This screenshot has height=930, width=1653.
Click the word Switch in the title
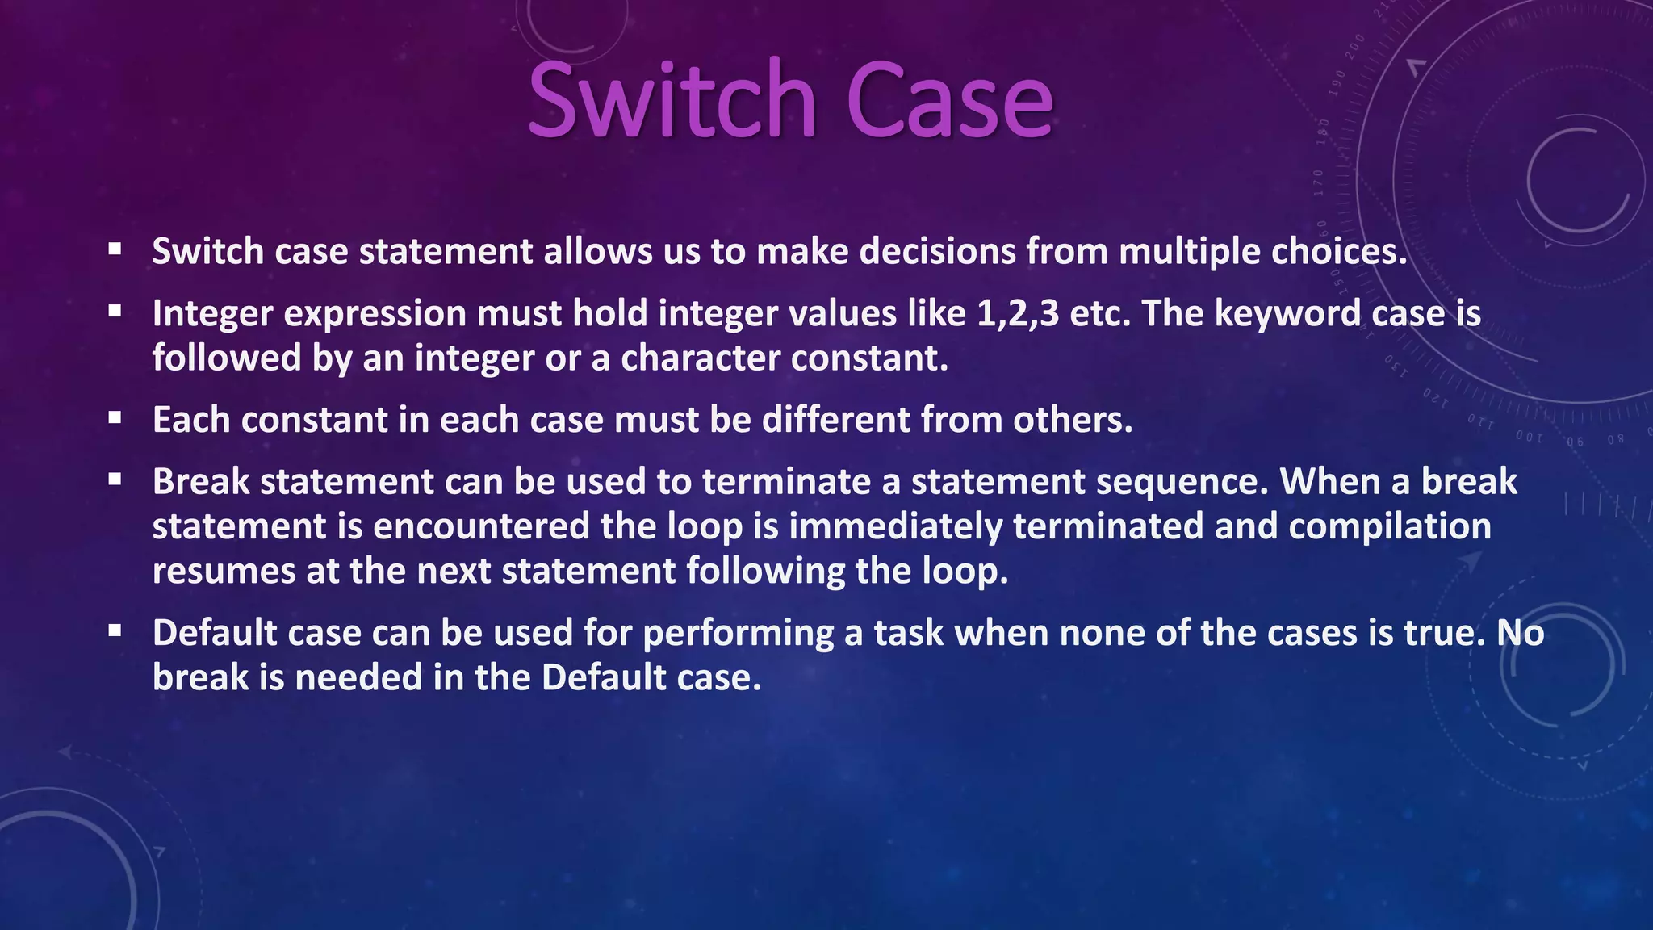point(672,101)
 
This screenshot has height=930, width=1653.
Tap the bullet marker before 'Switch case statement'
point(115,249)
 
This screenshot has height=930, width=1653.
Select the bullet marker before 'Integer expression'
point(115,311)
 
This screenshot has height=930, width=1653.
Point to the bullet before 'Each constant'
point(115,418)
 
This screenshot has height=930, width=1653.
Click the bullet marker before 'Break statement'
point(115,480)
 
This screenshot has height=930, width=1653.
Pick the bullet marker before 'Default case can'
point(115,630)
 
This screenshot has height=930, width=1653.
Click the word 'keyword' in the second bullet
point(1287,314)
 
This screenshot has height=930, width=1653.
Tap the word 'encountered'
point(481,526)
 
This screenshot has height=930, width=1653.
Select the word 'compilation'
point(1389,526)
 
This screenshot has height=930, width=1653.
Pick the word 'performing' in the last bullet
point(738,634)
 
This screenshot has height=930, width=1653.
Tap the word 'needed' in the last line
point(358,678)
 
